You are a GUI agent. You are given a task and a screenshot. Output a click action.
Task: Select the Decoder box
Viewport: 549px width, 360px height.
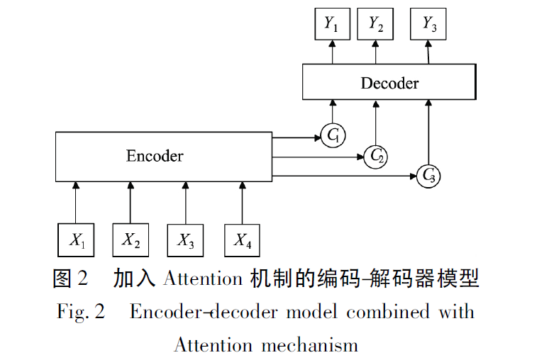coord(389,82)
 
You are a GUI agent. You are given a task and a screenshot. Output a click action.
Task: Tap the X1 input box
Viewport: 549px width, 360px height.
coord(77,240)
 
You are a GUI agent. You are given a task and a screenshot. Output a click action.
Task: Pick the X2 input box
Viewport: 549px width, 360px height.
coord(131,240)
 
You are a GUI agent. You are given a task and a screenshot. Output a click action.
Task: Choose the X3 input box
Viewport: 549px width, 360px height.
coord(186,240)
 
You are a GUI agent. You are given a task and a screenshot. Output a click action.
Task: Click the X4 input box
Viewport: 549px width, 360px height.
coord(243,240)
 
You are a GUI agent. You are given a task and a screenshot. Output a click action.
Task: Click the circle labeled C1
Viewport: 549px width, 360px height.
coord(332,135)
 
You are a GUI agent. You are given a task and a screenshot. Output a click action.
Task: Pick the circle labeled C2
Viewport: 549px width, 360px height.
coord(375,157)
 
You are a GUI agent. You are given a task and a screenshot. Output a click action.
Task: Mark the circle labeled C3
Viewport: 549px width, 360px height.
coord(428,175)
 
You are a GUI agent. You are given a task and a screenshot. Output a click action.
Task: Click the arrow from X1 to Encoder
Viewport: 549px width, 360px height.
coord(77,203)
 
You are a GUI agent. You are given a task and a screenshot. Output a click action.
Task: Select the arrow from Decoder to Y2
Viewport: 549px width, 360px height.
coord(375,52)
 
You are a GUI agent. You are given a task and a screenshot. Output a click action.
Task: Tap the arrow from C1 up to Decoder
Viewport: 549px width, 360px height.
coord(332,111)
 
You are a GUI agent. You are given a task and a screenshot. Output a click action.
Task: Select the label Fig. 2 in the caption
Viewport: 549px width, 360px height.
coord(80,313)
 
